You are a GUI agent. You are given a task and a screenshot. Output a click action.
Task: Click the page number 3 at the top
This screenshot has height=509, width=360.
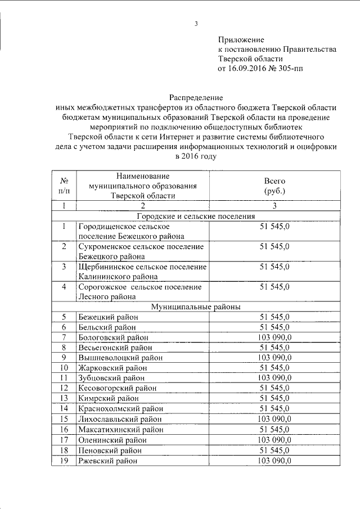[196, 24]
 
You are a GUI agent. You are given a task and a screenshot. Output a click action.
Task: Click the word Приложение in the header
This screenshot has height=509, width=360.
[241, 40]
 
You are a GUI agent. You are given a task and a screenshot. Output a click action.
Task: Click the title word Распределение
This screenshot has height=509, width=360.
[196, 97]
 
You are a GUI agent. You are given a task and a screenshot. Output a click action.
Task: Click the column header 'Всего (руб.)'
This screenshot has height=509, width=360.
[274, 186]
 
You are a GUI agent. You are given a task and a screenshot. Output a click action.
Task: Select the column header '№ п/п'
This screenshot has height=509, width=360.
[65, 186]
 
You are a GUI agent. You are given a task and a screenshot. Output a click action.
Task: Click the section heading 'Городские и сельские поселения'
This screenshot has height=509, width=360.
[196, 216]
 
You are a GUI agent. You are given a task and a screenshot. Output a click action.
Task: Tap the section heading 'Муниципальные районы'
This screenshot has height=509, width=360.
[196, 307]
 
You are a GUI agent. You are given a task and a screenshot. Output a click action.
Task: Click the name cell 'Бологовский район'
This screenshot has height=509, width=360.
[114, 337]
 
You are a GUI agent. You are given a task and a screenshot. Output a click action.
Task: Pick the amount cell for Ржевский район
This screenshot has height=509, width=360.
[274, 461]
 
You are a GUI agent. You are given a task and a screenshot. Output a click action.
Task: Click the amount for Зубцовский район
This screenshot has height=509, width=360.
[274, 378]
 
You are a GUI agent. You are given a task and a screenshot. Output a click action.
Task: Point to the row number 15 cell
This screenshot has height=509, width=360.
[65, 419]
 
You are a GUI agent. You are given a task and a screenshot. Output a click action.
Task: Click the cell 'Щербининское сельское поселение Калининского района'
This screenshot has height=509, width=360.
[142, 271]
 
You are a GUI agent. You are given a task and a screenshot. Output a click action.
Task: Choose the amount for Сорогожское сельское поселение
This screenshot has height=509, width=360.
[274, 287]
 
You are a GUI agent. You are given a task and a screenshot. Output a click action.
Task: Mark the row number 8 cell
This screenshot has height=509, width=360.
[65, 348]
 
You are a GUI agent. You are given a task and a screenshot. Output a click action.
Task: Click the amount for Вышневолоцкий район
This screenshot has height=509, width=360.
[274, 357]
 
